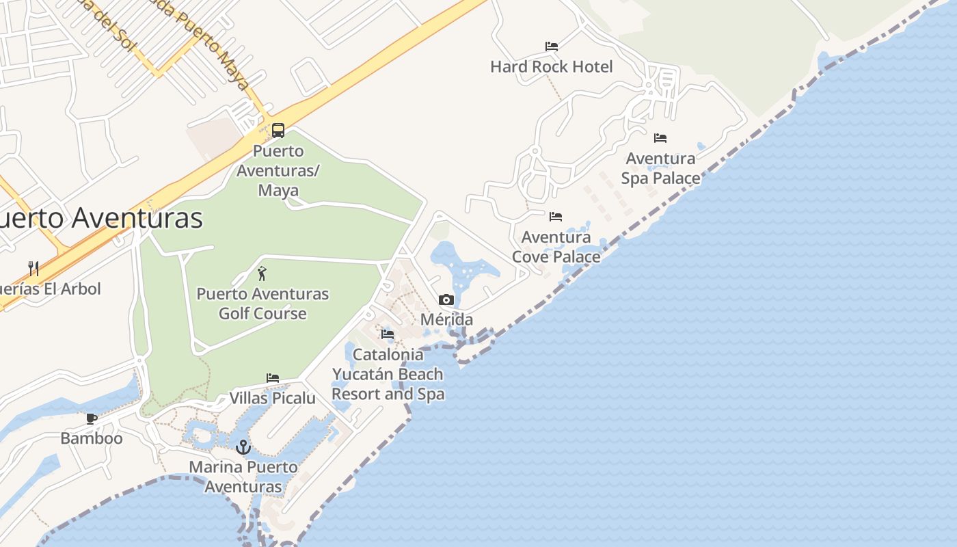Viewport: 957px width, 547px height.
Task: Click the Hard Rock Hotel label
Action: click(552, 66)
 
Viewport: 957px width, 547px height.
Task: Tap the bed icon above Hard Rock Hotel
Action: click(552, 46)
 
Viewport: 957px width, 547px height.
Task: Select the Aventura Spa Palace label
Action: click(660, 168)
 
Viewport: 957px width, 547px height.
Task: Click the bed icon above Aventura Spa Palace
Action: click(660, 138)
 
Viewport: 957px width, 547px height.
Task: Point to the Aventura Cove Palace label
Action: click(556, 247)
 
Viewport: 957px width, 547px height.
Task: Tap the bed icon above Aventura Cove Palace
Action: click(556, 217)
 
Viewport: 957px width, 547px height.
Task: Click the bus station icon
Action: click(278, 130)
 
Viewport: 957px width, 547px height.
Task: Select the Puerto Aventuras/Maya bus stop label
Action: click(278, 170)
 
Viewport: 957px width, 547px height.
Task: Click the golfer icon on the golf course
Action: click(262, 274)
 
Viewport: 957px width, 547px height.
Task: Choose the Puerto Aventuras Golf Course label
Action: click(262, 304)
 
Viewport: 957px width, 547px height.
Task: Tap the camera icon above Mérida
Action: click(446, 299)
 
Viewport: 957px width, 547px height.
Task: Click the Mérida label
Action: click(446, 319)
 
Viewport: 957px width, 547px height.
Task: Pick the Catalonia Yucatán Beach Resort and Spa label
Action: click(388, 374)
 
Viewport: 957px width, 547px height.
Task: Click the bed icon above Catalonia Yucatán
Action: click(388, 334)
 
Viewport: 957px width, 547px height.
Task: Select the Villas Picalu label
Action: click(272, 398)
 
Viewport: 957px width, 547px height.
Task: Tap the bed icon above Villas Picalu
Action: click(273, 378)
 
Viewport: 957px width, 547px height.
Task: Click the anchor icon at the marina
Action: click(243, 448)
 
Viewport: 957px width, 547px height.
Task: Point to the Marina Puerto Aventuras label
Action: click(243, 477)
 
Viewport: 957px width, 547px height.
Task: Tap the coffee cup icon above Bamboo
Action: click(92, 418)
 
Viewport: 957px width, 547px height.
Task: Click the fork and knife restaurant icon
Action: click(33, 268)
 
